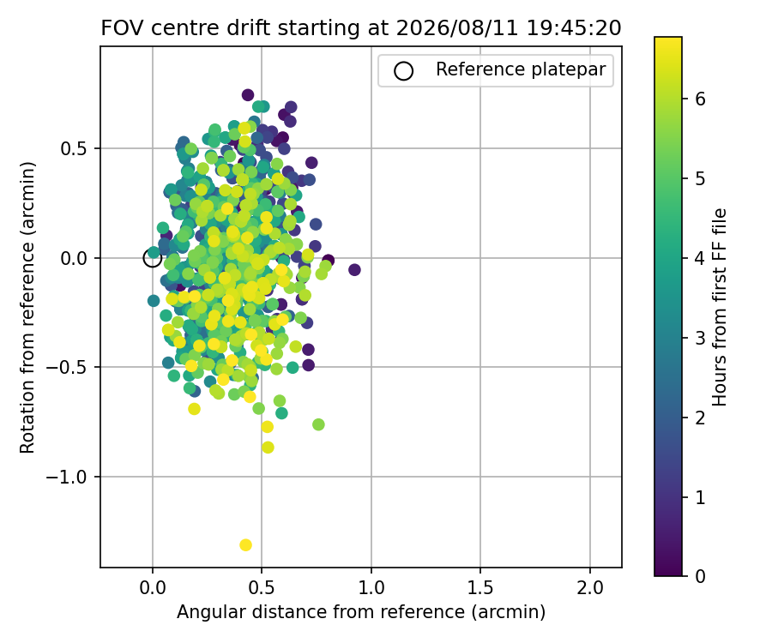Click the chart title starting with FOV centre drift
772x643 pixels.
[361, 28]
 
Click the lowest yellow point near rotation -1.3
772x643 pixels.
[245, 545]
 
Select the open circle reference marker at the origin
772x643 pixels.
[153, 258]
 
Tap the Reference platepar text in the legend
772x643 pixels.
[521, 69]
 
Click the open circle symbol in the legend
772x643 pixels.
[403, 71]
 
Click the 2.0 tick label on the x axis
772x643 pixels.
[590, 587]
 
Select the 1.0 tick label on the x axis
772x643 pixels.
[371, 587]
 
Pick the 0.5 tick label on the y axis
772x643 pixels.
[75, 148]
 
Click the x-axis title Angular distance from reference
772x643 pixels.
[361, 612]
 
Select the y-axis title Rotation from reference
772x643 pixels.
[28, 308]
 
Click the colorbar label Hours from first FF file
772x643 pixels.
[720, 307]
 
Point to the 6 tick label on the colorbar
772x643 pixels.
[700, 99]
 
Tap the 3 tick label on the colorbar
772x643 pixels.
[700, 338]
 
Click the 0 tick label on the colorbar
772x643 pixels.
[700, 575]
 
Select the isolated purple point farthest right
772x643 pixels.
[354, 269]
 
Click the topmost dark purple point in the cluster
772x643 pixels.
[248, 95]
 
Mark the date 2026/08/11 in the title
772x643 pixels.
[457, 28]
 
